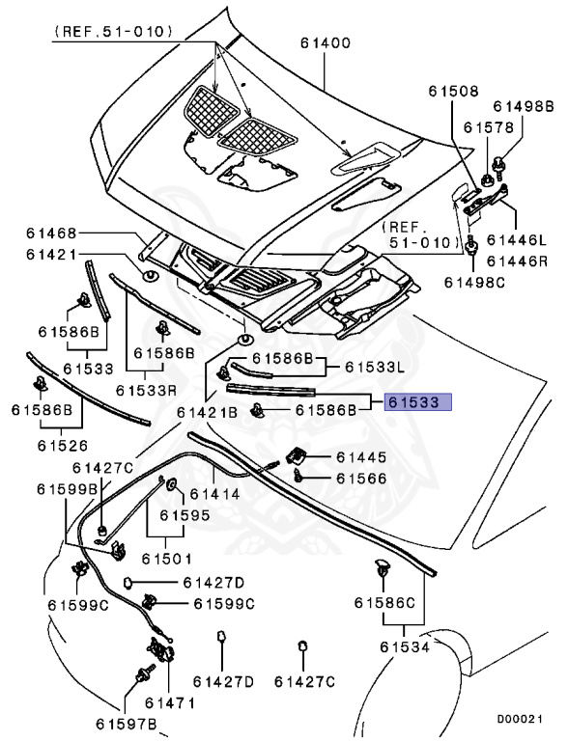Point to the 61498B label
coord(524,106)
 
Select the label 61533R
coord(146,390)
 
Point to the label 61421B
coord(207,412)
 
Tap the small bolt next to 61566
coord(301,477)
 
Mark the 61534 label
coord(406,646)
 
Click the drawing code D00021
coord(522,719)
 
